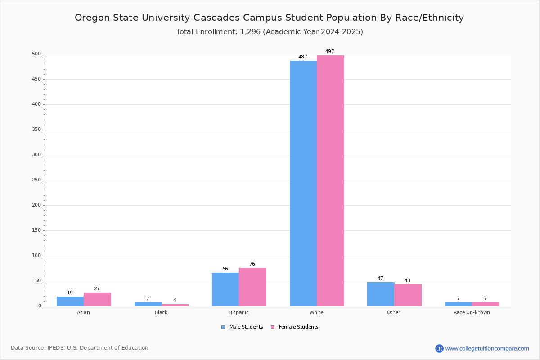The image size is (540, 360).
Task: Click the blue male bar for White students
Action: point(303,183)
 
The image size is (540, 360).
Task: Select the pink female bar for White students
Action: point(330,180)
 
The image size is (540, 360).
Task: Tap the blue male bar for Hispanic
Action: point(225,289)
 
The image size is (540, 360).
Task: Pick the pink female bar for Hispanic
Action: point(252,287)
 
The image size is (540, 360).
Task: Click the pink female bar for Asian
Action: point(97,299)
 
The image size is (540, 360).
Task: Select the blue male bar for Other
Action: point(381,294)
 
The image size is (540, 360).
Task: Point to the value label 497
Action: point(330,51)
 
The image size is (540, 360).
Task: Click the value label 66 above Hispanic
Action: point(225,269)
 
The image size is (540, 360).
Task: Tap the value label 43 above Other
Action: point(407,280)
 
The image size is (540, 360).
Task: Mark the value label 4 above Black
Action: point(175,300)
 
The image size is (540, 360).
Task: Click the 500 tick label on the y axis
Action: point(36,54)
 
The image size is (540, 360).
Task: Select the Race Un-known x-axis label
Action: point(472,312)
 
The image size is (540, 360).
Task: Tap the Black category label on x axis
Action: point(161,312)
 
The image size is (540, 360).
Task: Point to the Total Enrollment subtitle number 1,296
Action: point(250,32)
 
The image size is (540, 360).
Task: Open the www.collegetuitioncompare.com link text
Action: point(487,348)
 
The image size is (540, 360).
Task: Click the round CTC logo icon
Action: point(439,348)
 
